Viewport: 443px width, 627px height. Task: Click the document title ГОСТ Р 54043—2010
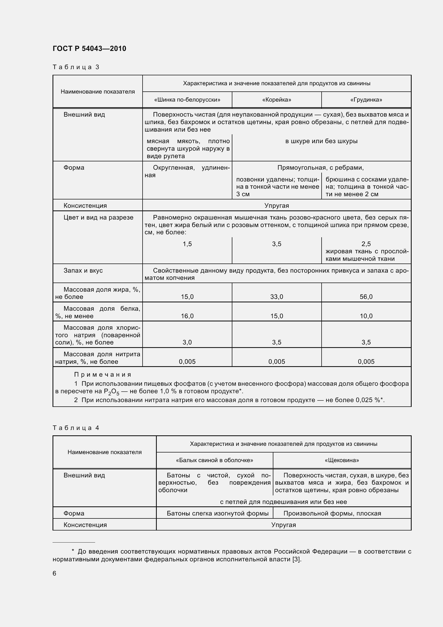pos(89,49)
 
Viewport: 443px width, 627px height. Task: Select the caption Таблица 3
pos(76,67)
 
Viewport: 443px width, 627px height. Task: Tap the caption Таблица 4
pos(76,428)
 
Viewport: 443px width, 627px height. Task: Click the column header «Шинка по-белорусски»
pos(187,100)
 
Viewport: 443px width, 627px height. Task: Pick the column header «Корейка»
pos(277,100)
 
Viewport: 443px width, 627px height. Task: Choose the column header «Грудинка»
pos(366,100)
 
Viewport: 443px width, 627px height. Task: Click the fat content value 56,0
pos(366,297)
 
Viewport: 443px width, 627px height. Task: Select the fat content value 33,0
pos(277,297)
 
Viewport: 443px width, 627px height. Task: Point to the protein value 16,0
pos(187,316)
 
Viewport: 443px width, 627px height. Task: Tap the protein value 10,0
pos(366,316)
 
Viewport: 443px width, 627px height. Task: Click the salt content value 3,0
pos(187,342)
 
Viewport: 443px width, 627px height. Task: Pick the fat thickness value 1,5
pos(187,244)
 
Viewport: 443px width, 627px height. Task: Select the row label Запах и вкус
pos(83,270)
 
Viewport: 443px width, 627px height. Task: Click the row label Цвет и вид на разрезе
pos(98,217)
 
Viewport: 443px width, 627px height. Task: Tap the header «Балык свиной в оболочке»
pos(215,461)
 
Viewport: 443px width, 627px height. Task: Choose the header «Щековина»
pos(342,461)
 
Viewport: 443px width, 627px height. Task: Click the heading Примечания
pos(103,375)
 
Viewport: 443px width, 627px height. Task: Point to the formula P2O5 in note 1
pos(111,392)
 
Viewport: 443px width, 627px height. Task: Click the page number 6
pos(54,573)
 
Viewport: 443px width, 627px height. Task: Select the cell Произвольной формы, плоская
pos(332,513)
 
